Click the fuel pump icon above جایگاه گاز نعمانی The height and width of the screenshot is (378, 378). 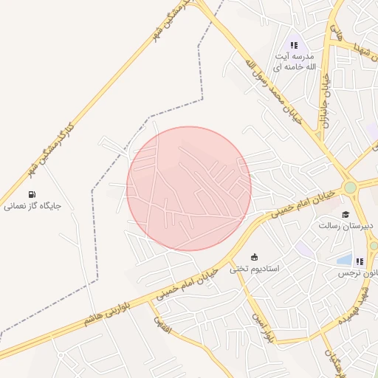[x=31, y=194]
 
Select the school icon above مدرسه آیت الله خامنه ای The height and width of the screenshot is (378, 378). [x=295, y=45]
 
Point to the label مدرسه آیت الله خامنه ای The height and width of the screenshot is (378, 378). [x=295, y=61]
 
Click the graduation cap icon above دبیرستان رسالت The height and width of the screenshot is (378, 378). [x=345, y=214]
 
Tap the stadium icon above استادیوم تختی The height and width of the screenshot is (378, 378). [x=255, y=257]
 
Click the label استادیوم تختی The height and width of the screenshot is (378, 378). [x=255, y=268]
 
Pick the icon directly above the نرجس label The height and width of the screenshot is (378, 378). [x=360, y=261]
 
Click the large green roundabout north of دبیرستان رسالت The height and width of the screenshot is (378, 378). [x=350, y=188]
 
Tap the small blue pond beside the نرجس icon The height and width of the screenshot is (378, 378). [x=344, y=259]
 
